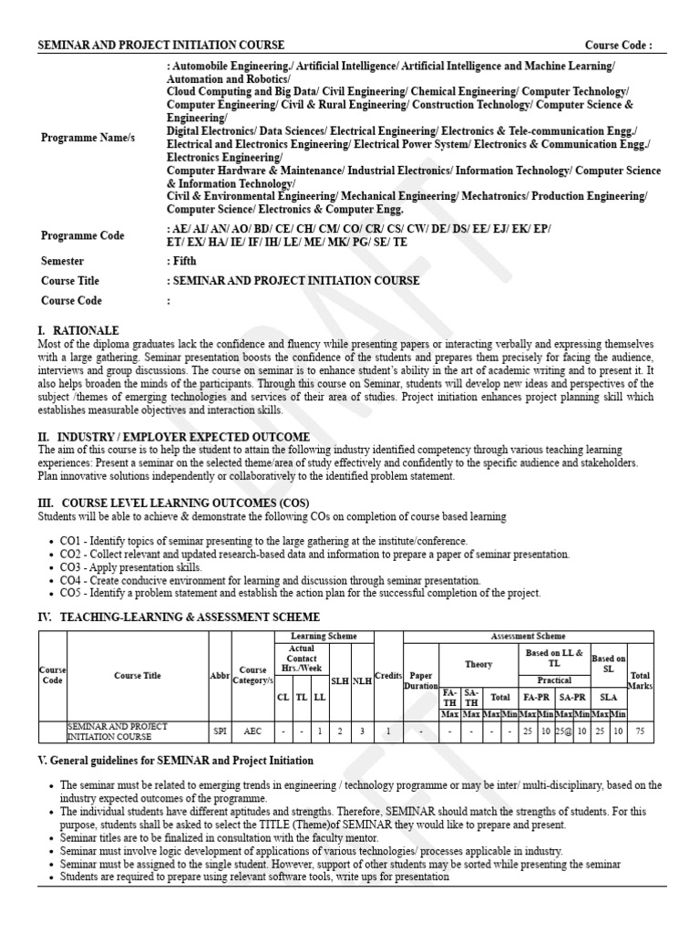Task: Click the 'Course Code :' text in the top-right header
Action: [x=618, y=45]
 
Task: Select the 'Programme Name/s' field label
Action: [x=87, y=137]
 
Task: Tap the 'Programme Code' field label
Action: [x=82, y=235]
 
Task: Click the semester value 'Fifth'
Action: [x=185, y=261]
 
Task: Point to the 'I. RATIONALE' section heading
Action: [x=78, y=330]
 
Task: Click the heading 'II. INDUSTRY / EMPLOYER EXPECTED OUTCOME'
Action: [x=173, y=437]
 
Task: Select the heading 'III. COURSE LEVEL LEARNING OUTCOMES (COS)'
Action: [x=173, y=503]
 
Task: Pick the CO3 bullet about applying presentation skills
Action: [x=130, y=567]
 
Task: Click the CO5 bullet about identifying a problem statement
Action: [x=300, y=593]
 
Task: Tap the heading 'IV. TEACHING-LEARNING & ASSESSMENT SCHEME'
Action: [x=179, y=617]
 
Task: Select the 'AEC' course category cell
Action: [x=252, y=731]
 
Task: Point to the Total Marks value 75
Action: [x=640, y=731]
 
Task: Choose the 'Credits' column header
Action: [x=388, y=675]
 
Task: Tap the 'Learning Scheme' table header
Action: [x=324, y=636]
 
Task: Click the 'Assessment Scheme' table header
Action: [x=528, y=636]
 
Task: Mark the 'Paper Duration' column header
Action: [x=421, y=680]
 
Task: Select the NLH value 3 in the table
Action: [x=361, y=731]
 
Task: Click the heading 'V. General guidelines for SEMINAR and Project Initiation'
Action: [x=175, y=761]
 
